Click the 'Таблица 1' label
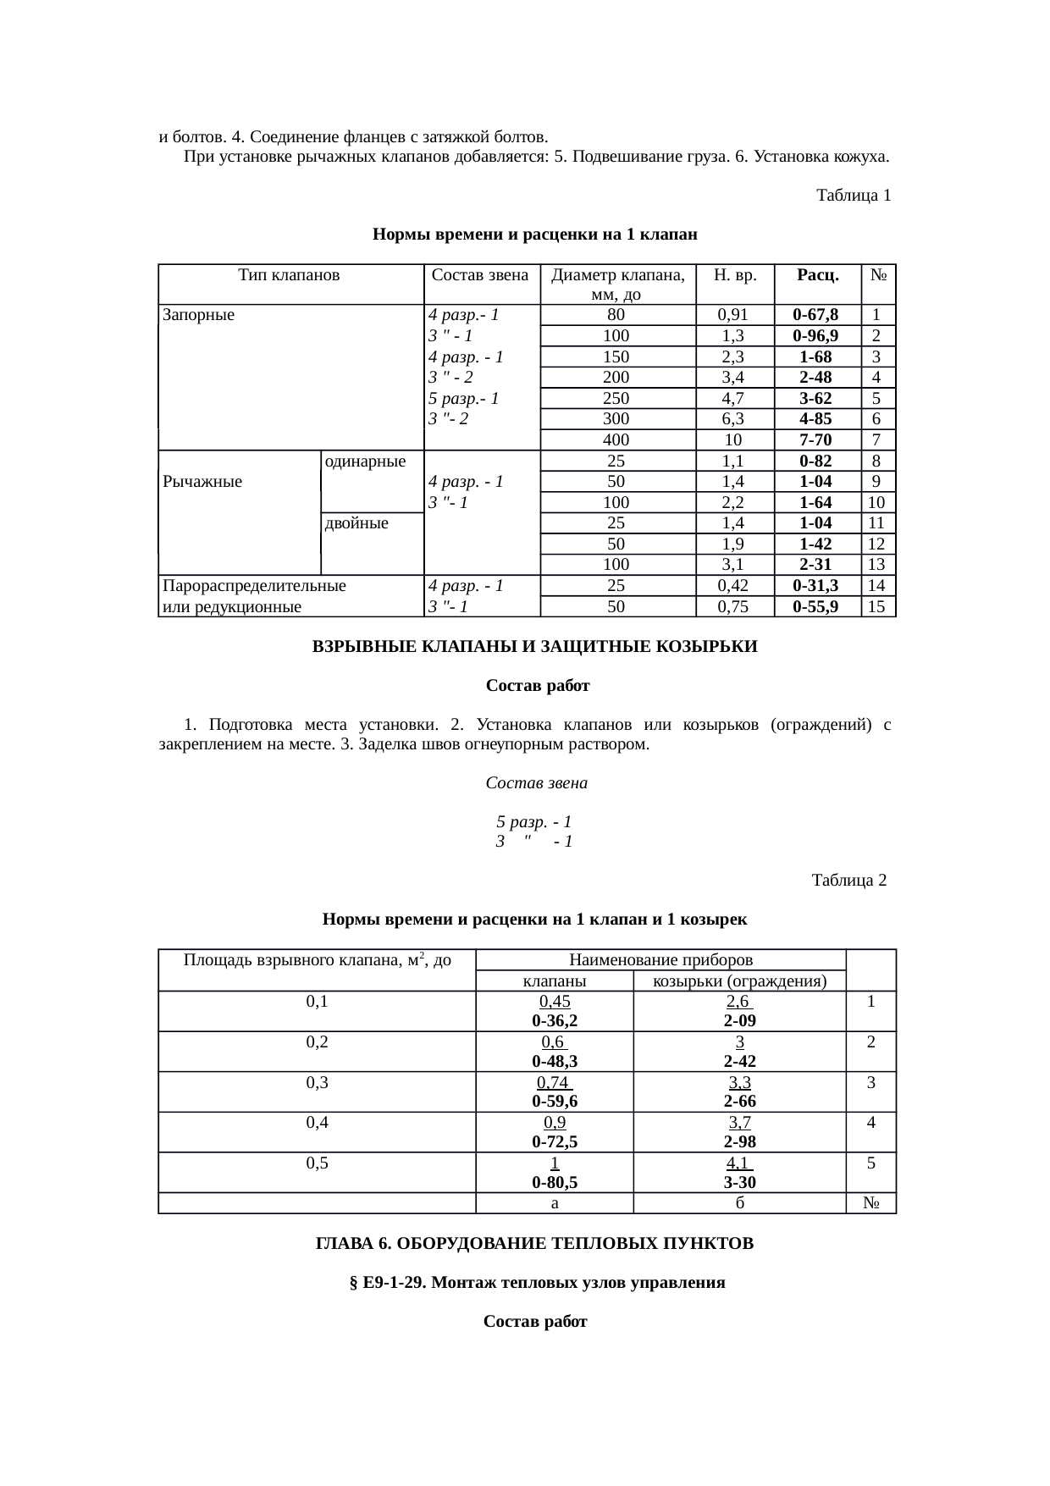(853, 196)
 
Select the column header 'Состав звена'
(480, 275)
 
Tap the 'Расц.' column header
(817, 275)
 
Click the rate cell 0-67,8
(815, 315)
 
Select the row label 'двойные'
(356, 523)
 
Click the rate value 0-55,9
(815, 606)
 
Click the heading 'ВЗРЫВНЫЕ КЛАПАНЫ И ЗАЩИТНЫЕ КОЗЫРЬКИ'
(535, 647)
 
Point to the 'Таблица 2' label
(848, 881)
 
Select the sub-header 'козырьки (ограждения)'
(739, 981)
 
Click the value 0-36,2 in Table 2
(555, 1020)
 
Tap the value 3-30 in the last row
(739, 1182)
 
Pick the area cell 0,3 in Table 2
(317, 1081)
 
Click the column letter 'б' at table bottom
(739, 1203)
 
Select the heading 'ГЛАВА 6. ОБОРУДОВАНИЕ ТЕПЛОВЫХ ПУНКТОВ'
(534, 1244)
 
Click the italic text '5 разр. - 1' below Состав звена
(533, 822)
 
